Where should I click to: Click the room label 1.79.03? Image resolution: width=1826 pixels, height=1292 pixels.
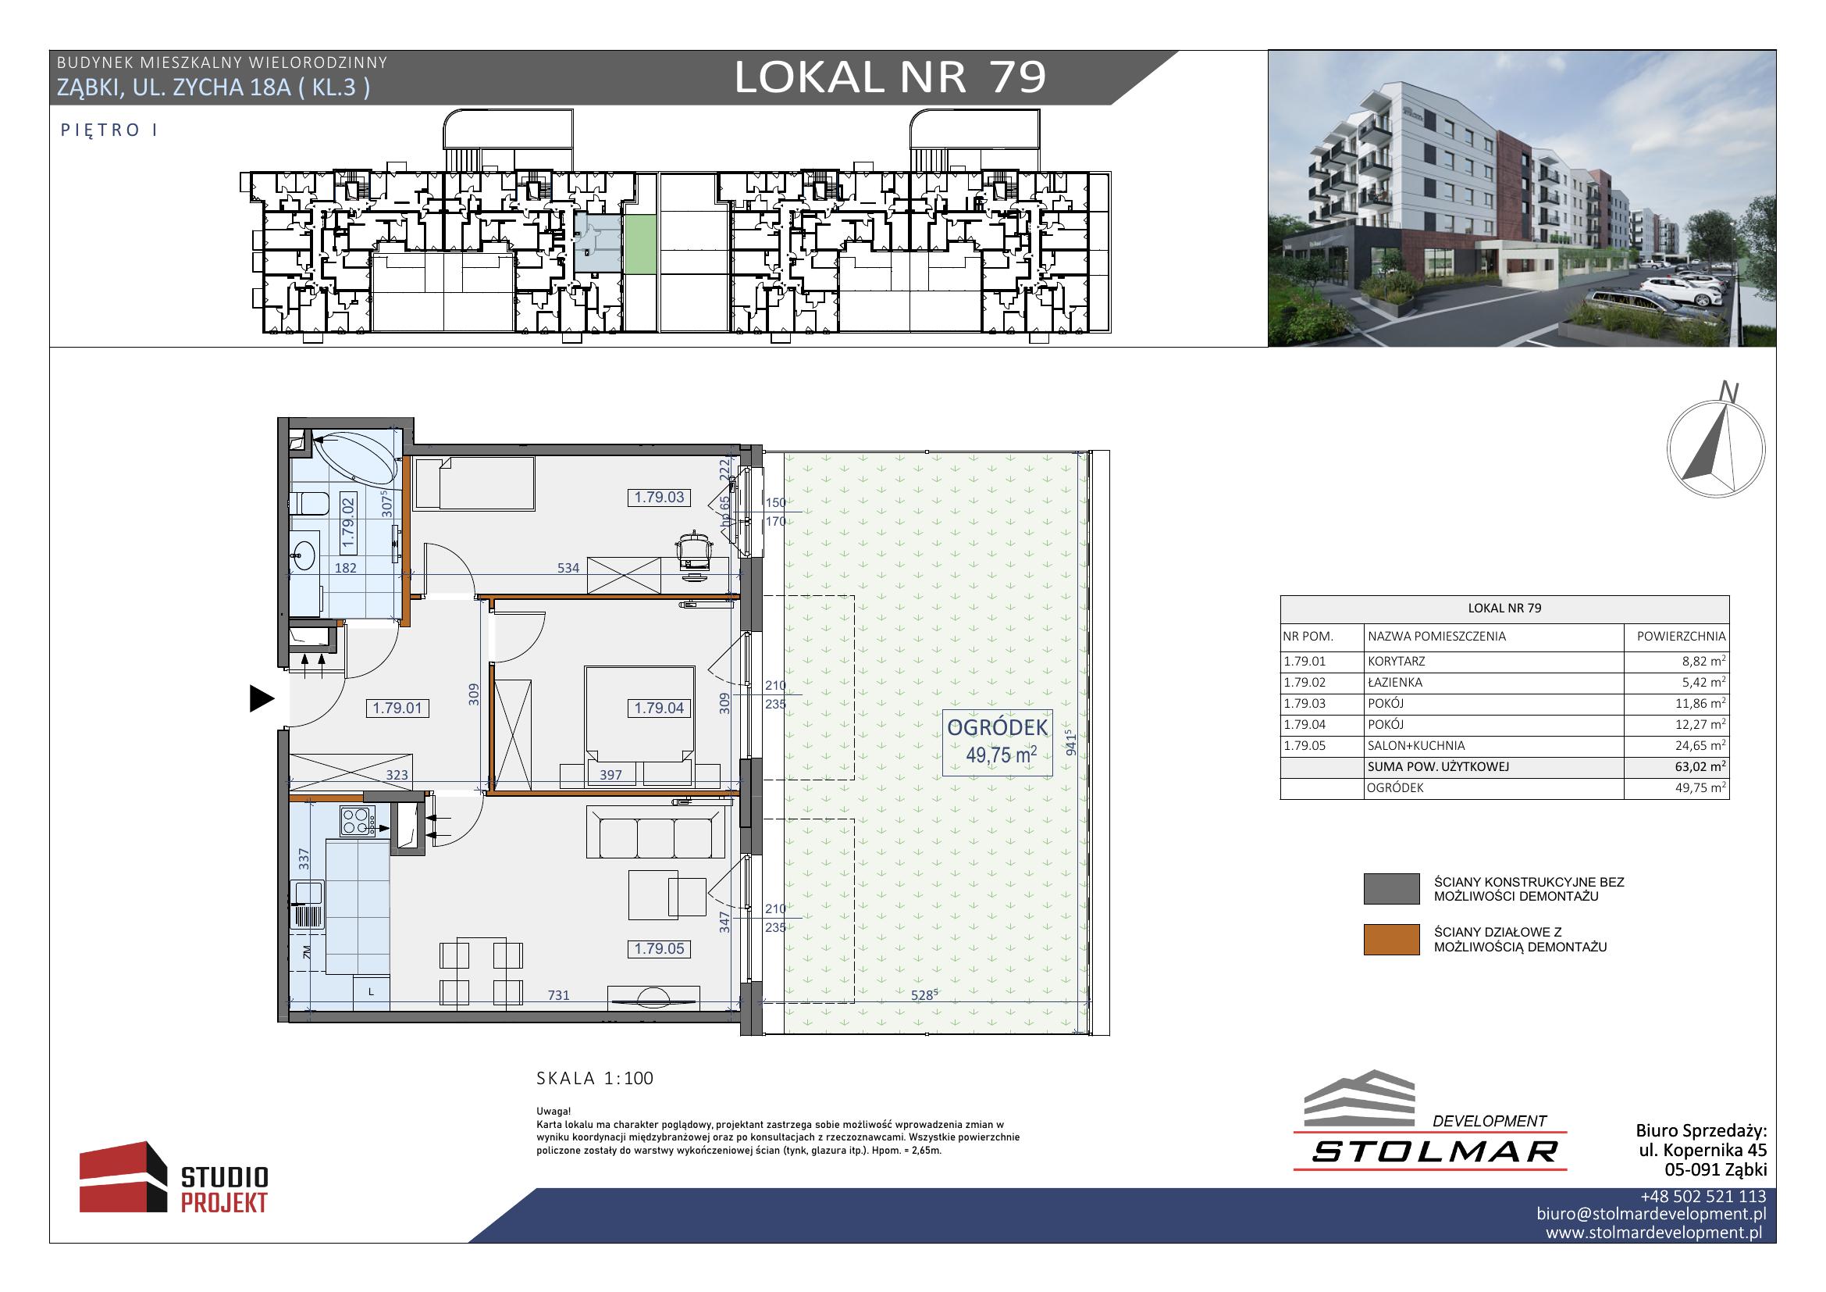click(659, 498)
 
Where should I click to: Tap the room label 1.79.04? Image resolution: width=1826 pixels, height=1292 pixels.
click(659, 708)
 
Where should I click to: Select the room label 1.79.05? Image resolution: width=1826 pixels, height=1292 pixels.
click(659, 949)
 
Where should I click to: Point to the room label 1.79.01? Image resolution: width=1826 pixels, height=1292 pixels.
click(397, 708)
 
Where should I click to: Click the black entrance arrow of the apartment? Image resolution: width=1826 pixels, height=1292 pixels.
click(262, 698)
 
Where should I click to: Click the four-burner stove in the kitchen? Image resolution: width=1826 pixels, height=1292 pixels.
click(357, 821)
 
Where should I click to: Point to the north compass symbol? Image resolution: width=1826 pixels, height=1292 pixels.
click(1715, 447)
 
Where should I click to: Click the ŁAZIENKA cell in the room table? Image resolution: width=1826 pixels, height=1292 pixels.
click(1396, 683)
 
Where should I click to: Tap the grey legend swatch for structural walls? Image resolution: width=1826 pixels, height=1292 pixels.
click(1391, 890)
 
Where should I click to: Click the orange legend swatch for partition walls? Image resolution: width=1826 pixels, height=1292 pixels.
click(1391, 940)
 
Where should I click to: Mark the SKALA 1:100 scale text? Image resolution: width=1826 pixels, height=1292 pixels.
click(595, 1079)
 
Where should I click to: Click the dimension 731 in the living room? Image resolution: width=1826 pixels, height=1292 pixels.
click(558, 995)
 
